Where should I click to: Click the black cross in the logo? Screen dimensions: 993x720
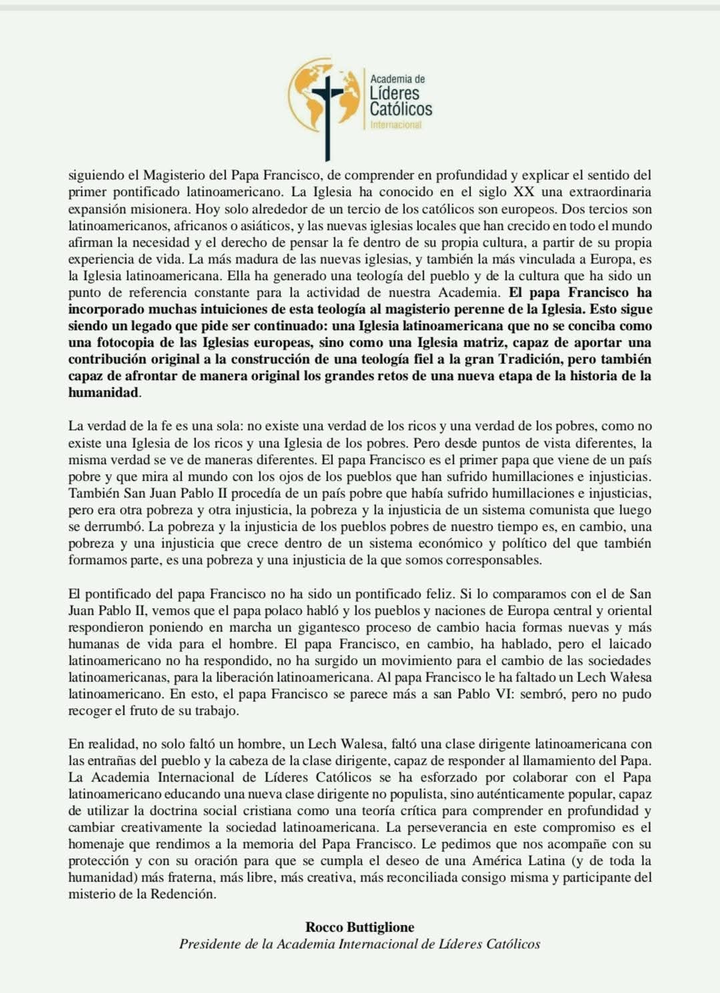pyautogui.click(x=327, y=107)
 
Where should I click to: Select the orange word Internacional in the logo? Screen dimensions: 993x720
pyautogui.click(x=396, y=125)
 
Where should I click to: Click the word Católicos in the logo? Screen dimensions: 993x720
pyautogui.click(x=400, y=109)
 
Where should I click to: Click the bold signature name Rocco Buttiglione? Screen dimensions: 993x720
pyautogui.click(x=360, y=927)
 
